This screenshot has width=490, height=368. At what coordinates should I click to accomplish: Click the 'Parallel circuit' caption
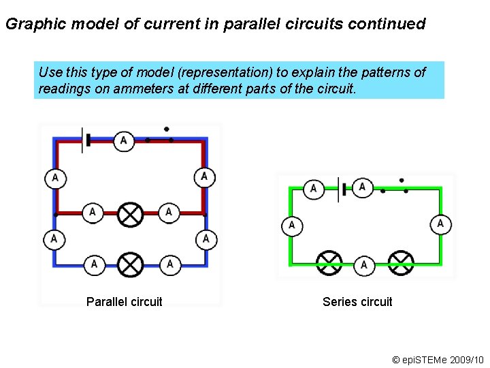pyautogui.click(x=124, y=302)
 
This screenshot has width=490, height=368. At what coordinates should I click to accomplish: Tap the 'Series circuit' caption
pyautogui.click(x=357, y=302)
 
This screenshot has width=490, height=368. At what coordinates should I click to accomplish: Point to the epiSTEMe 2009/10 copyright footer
pyautogui.click(x=437, y=359)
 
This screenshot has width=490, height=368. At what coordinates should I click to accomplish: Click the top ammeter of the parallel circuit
pyautogui.click(x=123, y=140)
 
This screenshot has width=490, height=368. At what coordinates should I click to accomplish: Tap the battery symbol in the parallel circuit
pyautogui.click(x=86, y=140)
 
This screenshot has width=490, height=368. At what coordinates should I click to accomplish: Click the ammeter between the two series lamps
pyautogui.click(x=364, y=264)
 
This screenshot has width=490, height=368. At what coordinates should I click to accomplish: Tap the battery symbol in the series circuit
pyautogui.click(x=342, y=189)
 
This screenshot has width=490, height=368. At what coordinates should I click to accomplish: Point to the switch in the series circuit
pyautogui.click(x=395, y=187)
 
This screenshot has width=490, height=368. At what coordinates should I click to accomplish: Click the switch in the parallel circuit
pyautogui.click(x=160, y=136)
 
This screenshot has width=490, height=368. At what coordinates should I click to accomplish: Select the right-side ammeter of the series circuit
pyautogui.click(x=440, y=224)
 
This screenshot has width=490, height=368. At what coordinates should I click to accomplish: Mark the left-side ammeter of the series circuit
pyautogui.click(x=291, y=225)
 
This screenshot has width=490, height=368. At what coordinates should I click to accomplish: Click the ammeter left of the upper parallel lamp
pyautogui.click(x=93, y=213)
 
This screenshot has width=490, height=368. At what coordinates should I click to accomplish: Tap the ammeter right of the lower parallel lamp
pyautogui.click(x=169, y=264)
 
